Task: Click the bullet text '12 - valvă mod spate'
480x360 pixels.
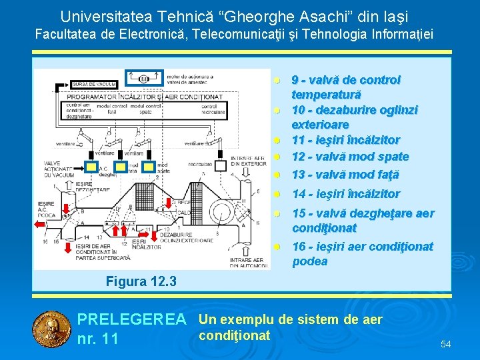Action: pos(350,157)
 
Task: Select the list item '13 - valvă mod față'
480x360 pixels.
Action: pos(345,175)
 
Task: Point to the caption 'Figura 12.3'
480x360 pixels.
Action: pos(141,281)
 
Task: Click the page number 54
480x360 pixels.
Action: pos(445,344)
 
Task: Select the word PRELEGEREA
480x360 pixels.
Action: pos(132,321)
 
